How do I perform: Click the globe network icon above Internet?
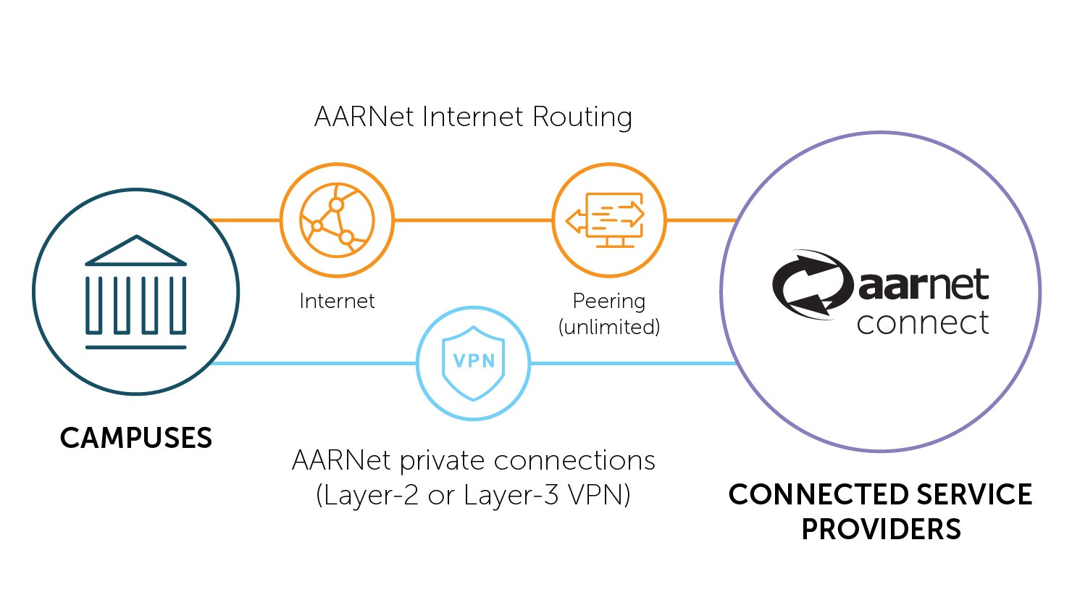coord(337,220)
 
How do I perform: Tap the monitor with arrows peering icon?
coord(608,220)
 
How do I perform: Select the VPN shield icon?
coord(473,362)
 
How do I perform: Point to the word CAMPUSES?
coord(135,438)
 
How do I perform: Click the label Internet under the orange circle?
coord(337,301)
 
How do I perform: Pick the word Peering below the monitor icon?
coord(608,301)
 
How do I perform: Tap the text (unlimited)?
coord(608,327)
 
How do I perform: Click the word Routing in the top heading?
coord(582,117)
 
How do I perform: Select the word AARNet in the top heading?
coord(364,117)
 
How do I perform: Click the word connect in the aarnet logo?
coord(922,323)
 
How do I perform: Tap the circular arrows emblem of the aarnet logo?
coord(811,285)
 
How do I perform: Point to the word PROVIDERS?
coord(881,530)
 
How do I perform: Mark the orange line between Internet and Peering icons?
coord(473,220)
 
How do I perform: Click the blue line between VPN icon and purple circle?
coord(630,363)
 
